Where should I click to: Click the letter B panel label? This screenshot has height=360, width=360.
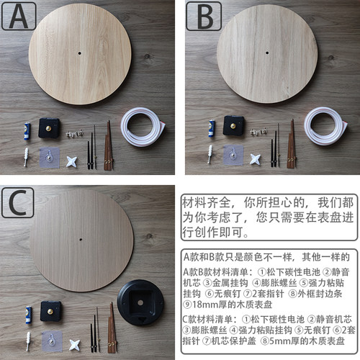200,15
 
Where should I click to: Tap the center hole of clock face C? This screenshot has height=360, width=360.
79,239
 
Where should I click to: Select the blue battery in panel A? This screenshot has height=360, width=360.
27,130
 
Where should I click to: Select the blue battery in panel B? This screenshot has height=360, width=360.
212,128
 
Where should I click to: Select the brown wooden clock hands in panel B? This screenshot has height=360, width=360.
292,144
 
